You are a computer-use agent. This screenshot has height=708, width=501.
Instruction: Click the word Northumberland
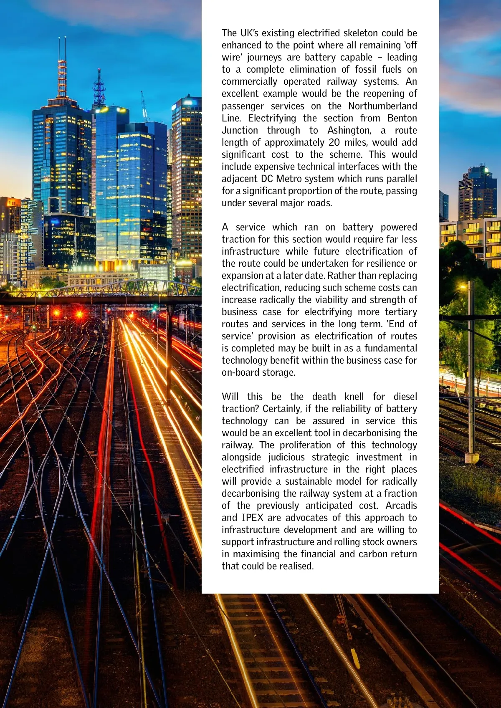click(x=382, y=106)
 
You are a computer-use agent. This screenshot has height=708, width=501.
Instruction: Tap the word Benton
click(x=402, y=118)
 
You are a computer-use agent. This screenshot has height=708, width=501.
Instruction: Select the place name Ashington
click(x=349, y=130)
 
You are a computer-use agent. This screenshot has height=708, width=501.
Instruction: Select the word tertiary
click(x=397, y=312)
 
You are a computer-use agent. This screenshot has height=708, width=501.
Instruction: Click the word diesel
click(x=405, y=397)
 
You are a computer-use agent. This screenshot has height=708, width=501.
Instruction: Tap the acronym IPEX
click(x=252, y=518)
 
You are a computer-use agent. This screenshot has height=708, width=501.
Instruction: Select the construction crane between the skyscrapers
click(x=144, y=106)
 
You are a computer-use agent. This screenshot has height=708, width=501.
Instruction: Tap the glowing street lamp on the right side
click(x=463, y=287)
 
